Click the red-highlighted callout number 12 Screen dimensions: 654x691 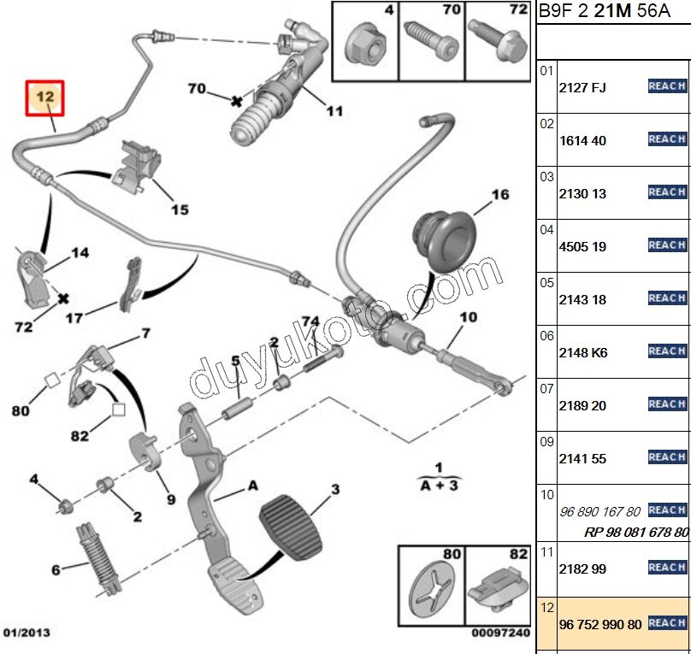[45, 98]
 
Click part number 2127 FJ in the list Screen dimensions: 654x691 [582, 87]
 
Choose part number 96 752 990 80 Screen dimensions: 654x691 [600, 624]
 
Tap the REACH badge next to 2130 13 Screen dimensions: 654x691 [667, 192]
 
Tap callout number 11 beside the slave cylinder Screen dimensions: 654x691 [334, 110]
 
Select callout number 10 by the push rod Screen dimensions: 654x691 [468, 318]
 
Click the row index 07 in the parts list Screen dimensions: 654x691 [546, 389]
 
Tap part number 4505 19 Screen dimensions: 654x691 [582, 246]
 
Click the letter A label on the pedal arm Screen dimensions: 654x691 [252, 486]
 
